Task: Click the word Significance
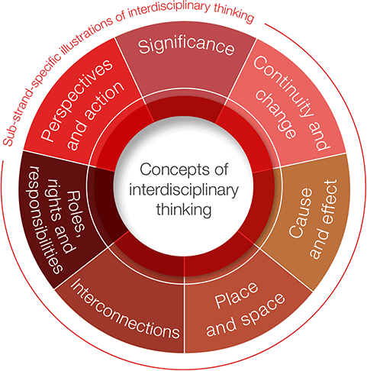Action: pos(186,46)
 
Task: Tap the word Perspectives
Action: pos(77,100)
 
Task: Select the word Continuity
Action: pos(282,87)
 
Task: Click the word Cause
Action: pos(301,213)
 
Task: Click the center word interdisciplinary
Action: pos(184,190)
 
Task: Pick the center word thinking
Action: pos(184,210)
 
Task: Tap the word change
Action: pos(276,113)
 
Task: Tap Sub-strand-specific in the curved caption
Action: pos(29,102)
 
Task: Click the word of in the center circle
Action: pos(221,169)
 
